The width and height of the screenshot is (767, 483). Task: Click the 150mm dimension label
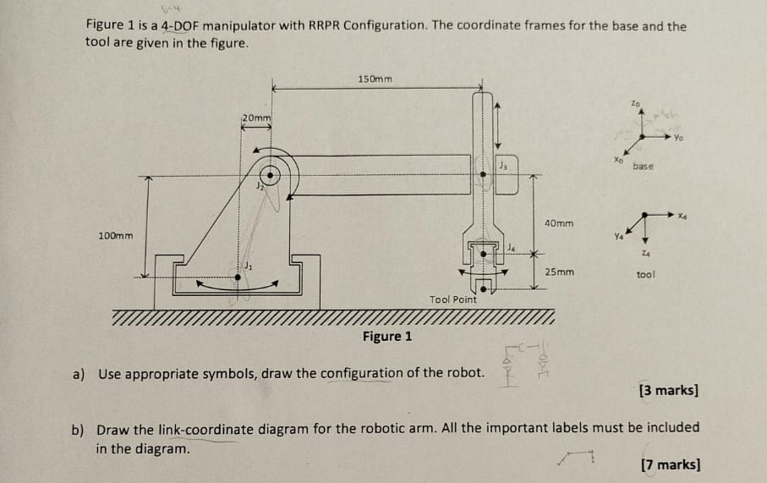375,79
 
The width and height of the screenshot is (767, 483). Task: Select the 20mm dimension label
257,117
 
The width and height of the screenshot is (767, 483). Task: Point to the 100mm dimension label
115,234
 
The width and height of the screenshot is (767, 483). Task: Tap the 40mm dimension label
559,223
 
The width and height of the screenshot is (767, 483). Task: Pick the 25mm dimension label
559,272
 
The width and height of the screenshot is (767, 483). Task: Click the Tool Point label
453,299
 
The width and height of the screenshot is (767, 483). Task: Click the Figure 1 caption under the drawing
387,337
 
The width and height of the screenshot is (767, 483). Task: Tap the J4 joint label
512,247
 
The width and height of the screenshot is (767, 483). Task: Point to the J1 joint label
248,266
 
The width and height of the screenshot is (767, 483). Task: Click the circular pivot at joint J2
271,176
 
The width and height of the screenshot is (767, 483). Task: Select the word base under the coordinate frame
643,167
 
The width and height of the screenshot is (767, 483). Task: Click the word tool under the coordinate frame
646,275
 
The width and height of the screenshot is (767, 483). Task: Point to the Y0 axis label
679,137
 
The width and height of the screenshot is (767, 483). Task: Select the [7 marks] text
670,464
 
